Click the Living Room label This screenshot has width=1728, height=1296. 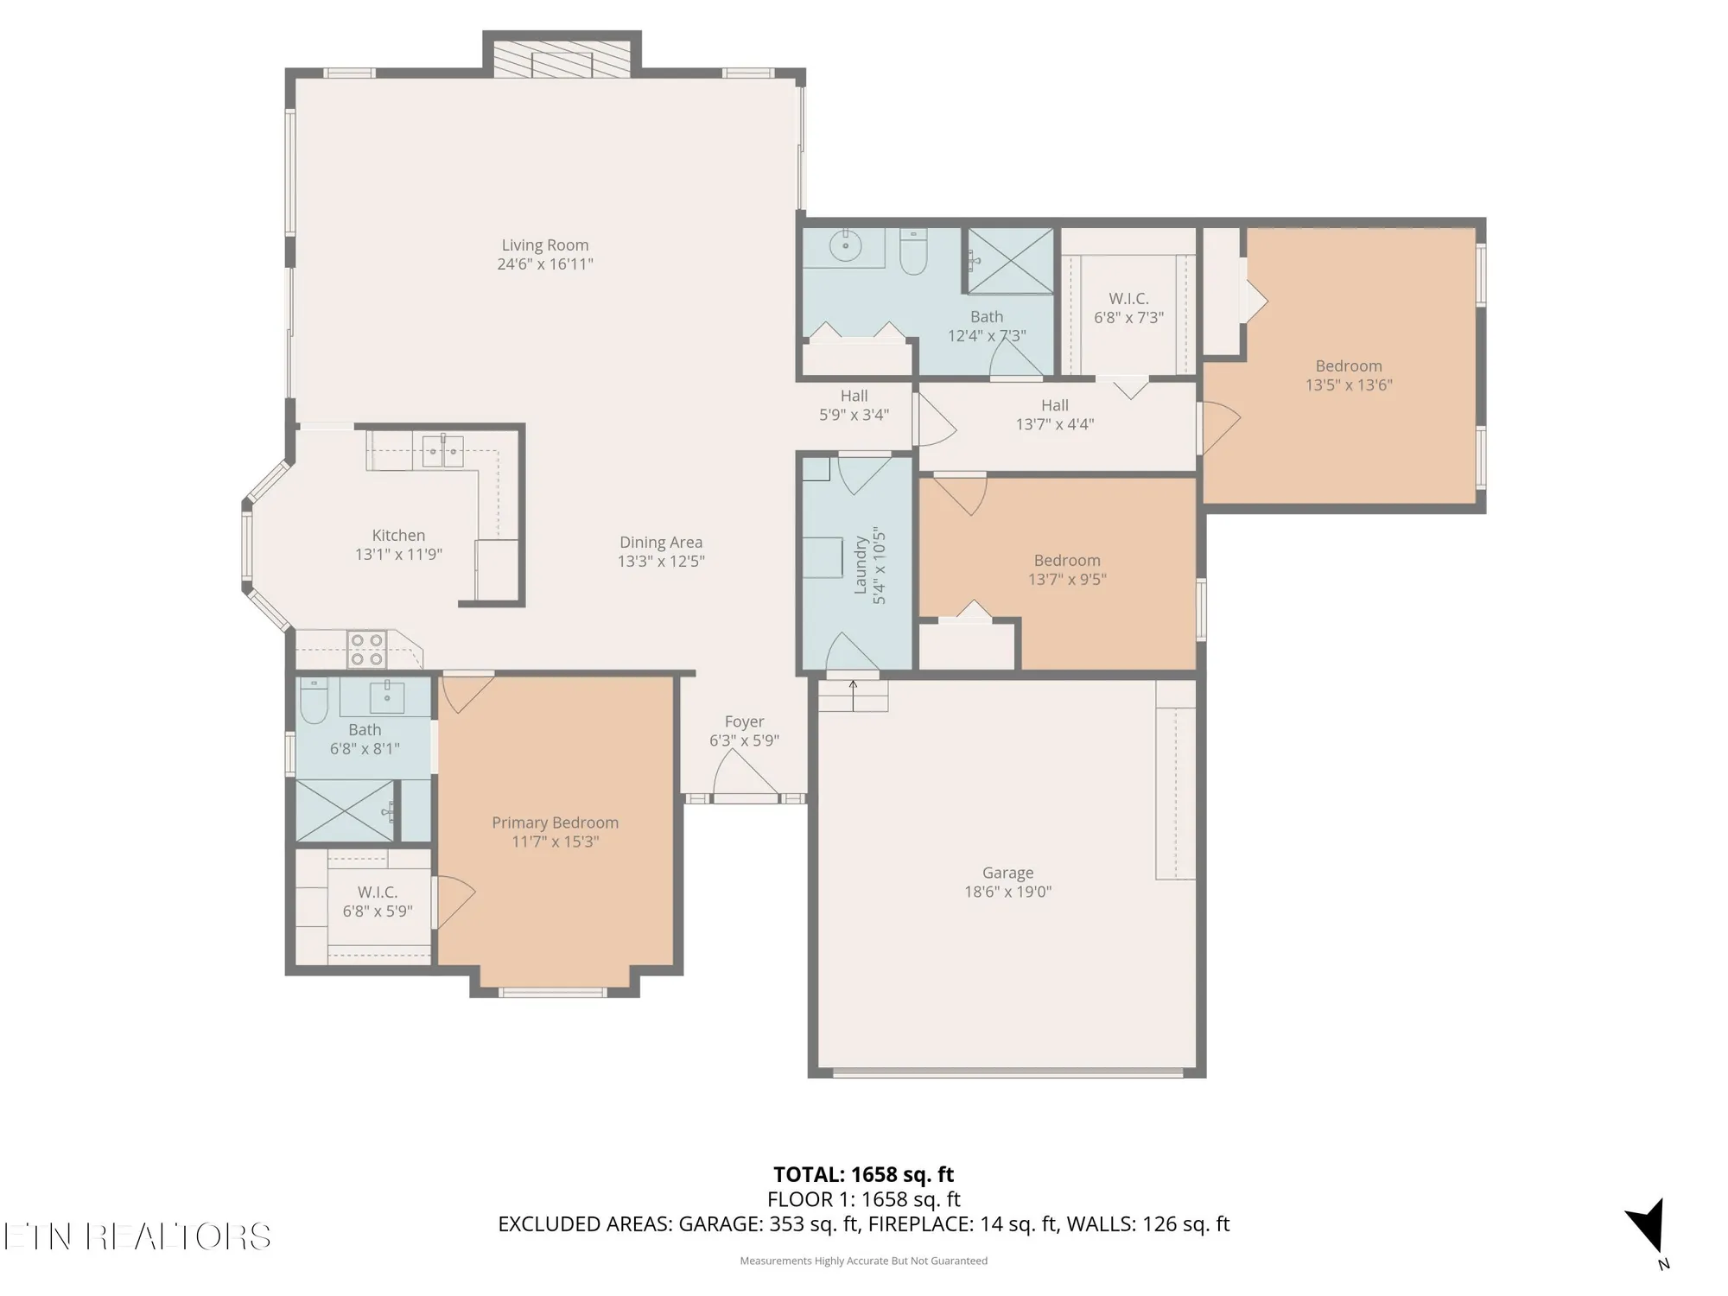click(544, 245)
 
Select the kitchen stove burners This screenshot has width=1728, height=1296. click(365, 650)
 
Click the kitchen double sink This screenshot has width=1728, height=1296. click(442, 451)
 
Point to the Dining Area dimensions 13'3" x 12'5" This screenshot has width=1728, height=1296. click(661, 562)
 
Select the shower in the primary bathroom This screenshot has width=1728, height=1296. click(344, 810)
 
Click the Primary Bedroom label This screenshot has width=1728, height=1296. click(555, 823)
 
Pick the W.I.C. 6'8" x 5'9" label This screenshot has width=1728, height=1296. click(378, 893)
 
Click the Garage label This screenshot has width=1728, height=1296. click(1007, 874)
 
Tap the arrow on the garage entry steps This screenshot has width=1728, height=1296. click(853, 694)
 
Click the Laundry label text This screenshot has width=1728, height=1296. click(861, 565)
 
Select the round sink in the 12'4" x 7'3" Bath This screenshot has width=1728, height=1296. click(845, 246)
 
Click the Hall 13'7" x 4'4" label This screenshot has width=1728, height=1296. click(1054, 405)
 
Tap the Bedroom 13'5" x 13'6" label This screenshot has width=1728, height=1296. click(1348, 366)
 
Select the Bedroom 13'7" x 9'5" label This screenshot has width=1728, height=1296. click(1067, 561)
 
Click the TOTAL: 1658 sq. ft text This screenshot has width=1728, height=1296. click(863, 1174)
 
